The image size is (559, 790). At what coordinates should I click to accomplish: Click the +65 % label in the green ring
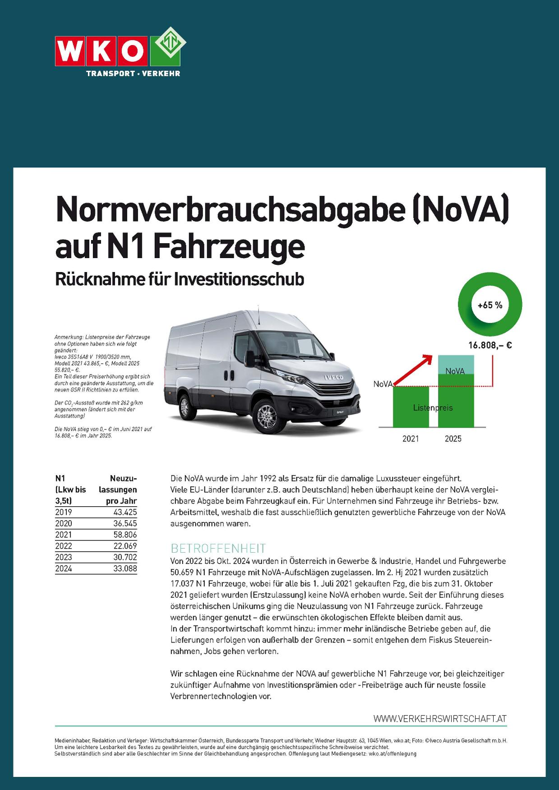(x=490, y=305)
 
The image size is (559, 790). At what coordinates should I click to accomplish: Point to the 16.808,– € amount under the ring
(x=490, y=346)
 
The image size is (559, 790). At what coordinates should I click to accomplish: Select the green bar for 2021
(x=411, y=407)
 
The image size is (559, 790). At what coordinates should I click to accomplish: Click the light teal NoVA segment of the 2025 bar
(x=456, y=365)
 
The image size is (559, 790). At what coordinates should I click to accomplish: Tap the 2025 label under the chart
(x=453, y=439)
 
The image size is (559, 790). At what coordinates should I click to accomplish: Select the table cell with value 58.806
(x=125, y=535)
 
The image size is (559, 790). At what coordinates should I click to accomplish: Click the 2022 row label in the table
(x=64, y=546)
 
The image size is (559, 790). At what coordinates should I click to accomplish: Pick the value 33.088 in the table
(x=125, y=568)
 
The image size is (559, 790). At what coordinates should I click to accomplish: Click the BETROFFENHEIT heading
(x=218, y=548)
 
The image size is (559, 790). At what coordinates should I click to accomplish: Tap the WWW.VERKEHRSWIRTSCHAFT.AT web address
(x=440, y=719)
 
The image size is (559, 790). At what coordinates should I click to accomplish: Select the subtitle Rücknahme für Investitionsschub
(x=179, y=279)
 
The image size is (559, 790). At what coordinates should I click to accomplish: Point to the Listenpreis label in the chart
(x=433, y=408)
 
